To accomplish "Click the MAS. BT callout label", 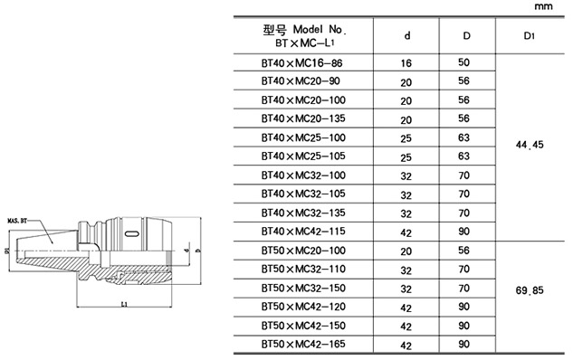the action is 17,221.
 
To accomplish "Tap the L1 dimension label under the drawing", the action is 124,304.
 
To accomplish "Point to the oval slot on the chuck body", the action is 131,233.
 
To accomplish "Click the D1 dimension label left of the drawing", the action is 6,251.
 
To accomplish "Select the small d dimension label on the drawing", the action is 186,251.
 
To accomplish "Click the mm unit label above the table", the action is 543,6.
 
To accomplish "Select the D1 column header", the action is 530,36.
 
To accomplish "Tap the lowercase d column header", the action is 406,35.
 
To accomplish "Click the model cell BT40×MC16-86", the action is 301,63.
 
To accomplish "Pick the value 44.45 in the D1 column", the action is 530,145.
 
